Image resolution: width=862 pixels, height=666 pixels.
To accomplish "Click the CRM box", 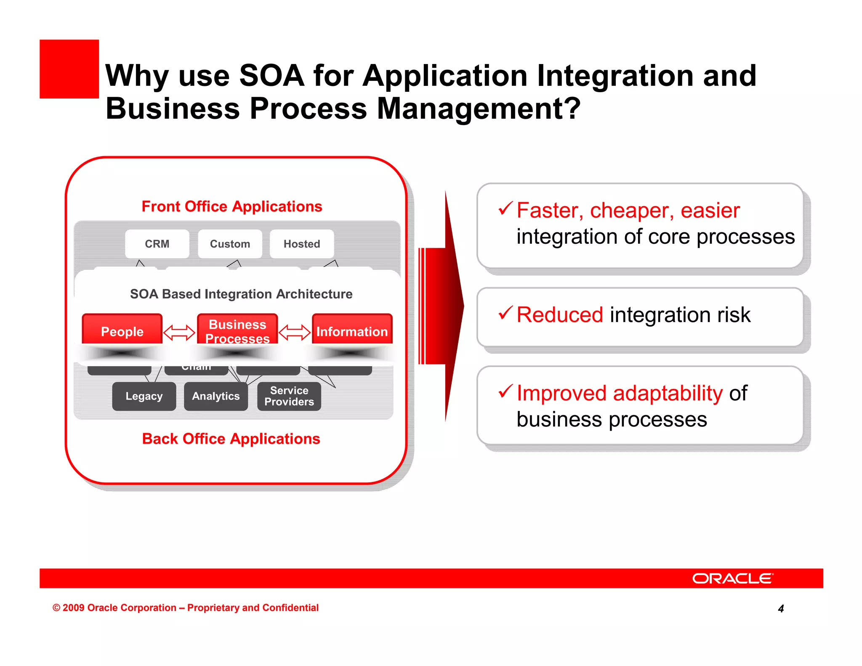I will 157,244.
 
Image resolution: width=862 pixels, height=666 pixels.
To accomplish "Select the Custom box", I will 230,244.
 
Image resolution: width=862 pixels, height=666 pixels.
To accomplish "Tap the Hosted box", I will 302,244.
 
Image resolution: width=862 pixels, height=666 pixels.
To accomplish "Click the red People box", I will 122,330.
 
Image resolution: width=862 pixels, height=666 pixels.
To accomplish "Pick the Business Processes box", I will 237,330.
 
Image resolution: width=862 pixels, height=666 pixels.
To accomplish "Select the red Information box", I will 352,330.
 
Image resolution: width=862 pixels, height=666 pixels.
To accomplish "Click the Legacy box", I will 144,396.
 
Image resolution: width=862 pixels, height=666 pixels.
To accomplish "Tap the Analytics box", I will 216,396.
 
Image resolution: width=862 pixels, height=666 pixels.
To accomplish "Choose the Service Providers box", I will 289,396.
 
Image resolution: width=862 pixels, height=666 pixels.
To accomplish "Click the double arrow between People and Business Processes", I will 179,332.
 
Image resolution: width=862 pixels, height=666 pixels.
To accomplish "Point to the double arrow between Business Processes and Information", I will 295,332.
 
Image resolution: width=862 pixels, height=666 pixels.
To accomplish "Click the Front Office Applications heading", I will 231,206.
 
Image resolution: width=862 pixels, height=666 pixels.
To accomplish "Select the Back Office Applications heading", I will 231,439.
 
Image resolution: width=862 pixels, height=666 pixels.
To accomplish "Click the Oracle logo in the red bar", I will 732,578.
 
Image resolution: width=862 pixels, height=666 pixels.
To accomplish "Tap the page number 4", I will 781,608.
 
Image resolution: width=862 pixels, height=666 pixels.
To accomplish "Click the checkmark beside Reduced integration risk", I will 505,313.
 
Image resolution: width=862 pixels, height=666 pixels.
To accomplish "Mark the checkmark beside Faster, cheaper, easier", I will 505,208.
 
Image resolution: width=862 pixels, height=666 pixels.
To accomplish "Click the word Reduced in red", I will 560,315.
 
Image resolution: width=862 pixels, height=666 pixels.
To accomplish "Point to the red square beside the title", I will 69,69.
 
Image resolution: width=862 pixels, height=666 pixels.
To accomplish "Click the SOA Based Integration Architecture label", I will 241,294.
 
